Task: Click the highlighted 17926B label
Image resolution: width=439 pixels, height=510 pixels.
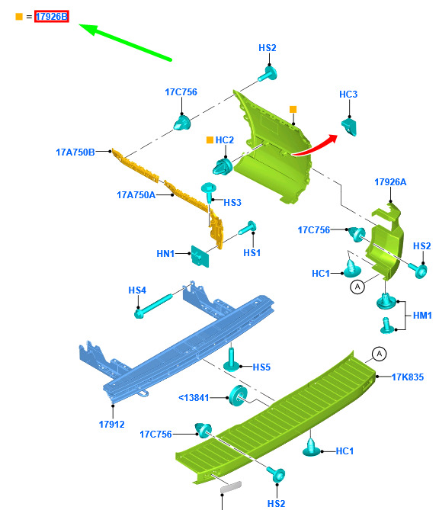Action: pos(52,16)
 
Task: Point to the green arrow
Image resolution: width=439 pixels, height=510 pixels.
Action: pos(125,42)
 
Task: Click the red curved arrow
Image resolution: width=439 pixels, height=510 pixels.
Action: pos(315,145)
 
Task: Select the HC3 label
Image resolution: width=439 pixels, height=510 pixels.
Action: pos(348,95)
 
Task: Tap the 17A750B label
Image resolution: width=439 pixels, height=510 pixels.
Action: pos(75,152)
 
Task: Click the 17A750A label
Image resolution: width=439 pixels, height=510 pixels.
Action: pos(136,195)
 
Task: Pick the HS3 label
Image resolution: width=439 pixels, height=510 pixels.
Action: pos(232,203)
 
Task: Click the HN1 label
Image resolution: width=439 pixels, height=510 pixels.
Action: pos(165,253)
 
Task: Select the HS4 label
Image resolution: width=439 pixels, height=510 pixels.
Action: pos(137,290)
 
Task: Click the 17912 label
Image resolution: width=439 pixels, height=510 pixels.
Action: pos(111,425)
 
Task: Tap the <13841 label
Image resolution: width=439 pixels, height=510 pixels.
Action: pos(194,397)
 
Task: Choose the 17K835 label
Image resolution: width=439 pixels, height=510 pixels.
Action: pos(408,377)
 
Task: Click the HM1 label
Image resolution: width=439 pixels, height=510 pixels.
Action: pos(422,315)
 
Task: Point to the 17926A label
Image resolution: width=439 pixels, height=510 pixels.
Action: pos(390,182)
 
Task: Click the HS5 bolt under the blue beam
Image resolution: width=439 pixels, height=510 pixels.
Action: pos(231,359)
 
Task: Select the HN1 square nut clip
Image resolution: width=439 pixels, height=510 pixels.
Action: pos(200,256)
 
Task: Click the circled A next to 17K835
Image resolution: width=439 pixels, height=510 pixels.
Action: pos(379,354)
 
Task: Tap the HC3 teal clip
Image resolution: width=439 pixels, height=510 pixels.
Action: pos(349,127)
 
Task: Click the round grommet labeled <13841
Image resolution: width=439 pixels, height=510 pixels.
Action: pos(238,396)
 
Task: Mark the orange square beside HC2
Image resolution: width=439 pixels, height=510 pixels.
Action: pos(210,140)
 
